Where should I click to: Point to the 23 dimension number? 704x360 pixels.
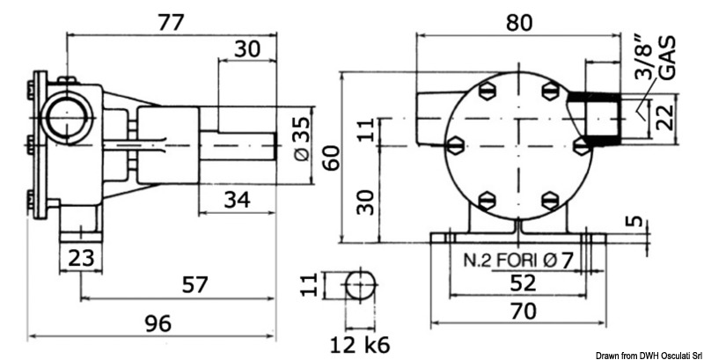(79, 259)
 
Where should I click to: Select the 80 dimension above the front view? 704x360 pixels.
(519, 23)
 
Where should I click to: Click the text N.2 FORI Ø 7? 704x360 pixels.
(518, 261)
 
